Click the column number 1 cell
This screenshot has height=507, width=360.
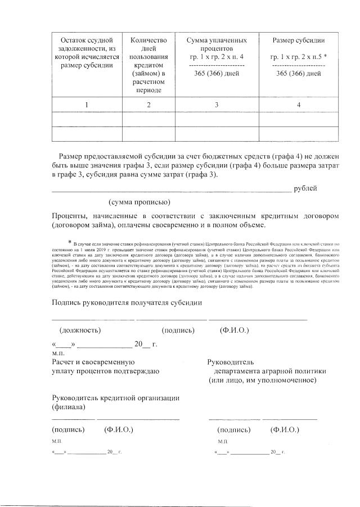coord(87,105)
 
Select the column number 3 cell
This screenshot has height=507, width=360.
coord(217,105)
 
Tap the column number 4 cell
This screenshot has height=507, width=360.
coord(298,105)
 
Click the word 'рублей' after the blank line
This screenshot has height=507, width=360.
coord(306,188)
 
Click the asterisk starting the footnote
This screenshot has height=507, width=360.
coord(69,243)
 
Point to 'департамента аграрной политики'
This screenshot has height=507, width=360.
coord(269,371)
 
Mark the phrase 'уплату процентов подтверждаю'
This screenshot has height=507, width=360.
coord(105,371)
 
